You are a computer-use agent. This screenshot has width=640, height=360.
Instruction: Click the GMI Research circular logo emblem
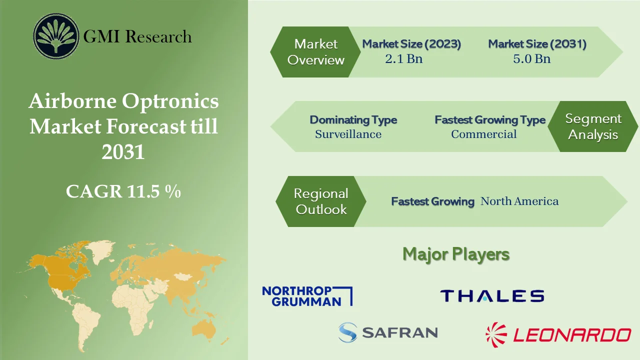point(56,36)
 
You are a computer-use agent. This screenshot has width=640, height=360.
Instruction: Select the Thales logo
point(492,295)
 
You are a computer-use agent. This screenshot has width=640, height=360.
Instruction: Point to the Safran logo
point(387,332)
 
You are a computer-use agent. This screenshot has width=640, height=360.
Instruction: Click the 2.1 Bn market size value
point(403,58)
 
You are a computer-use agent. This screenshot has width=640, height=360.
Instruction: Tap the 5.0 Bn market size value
point(531,58)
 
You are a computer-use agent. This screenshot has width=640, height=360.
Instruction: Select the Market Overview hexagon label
point(315,52)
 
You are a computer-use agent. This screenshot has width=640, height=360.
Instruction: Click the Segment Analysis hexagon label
point(593,126)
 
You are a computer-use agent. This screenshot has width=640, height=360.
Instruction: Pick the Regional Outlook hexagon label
point(320,201)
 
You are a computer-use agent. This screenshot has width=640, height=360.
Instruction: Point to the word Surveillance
point(348,134)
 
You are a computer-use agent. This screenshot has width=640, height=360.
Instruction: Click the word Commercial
point(483,134)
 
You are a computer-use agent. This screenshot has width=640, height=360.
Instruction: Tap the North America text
point(519,201)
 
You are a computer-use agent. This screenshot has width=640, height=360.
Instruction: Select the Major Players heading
point(456,254)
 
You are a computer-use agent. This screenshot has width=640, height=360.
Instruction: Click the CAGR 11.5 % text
point(123,191)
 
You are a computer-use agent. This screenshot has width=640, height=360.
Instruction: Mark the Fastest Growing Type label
point(489,120)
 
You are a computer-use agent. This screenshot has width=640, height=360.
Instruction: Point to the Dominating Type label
point(353,120)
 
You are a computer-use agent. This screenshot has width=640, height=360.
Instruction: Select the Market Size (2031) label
point(537,44)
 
